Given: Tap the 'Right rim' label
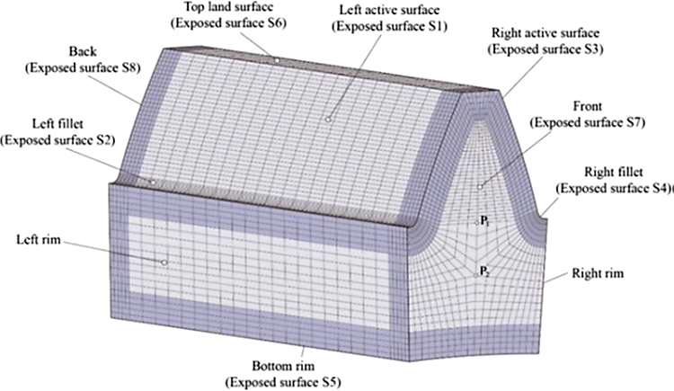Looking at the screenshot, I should tap(595, 271).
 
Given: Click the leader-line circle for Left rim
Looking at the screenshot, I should tap(164, 262).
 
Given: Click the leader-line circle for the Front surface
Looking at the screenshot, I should tap(481, 187).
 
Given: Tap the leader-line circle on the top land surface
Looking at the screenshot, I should tap(277, 61).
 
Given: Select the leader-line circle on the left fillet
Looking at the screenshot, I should tap(153, 182).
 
